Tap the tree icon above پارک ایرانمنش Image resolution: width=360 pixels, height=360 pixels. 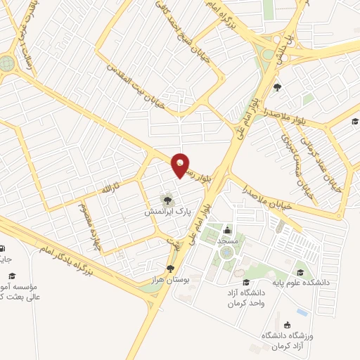tap(167, 200)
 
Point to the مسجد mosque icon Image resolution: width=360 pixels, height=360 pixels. tap(226, 230)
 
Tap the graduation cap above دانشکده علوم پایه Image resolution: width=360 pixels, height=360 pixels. tap(302, 272)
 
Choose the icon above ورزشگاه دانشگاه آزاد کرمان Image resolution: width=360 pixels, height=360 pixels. tap(288, 325)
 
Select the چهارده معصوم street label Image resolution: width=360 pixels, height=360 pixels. tap(86, 226)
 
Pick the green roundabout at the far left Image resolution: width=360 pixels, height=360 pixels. tap(6, 63)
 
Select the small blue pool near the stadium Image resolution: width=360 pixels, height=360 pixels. tap(302, 311)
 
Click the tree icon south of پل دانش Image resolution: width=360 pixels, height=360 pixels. tap(278, 88)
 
